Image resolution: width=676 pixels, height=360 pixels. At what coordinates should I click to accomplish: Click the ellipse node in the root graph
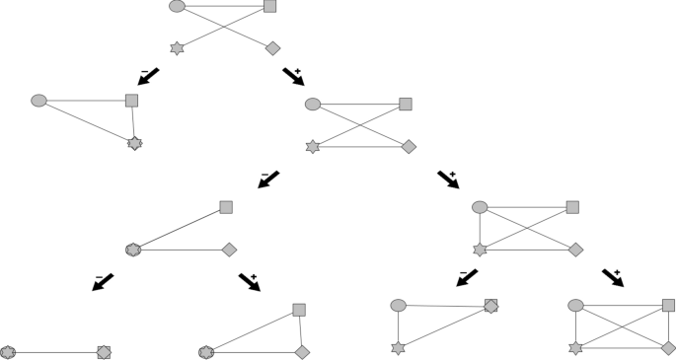click(x=177, y=6)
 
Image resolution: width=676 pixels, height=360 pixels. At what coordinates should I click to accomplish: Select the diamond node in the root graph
click(x=272, y=47)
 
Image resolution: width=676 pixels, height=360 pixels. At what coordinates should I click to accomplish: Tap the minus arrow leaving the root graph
click(x=149, y=75)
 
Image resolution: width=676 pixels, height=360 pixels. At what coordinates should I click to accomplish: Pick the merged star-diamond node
click(x=135, y=143)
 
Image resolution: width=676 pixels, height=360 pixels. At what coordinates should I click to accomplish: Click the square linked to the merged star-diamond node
click(x=131, y=100)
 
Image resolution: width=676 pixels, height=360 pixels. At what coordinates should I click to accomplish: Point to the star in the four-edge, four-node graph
click(x=313, y=147)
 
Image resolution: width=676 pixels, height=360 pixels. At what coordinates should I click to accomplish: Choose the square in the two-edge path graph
click(x=226, y=207)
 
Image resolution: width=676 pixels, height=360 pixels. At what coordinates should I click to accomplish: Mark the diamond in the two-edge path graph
click(x=229, y=250)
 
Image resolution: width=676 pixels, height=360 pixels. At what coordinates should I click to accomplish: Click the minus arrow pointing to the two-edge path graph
click(x=268, y=180)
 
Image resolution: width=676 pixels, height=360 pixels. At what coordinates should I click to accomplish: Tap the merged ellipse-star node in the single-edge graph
click(x=9, y=352)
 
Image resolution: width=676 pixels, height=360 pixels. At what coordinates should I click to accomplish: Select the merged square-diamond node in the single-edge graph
click(x=104, y=352)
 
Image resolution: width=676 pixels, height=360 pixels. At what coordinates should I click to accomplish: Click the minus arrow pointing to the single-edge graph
click(x=103, y=282)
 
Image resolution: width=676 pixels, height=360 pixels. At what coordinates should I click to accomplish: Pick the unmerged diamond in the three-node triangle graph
click(x=302, y=352)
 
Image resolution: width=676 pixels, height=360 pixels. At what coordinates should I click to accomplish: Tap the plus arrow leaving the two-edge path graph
click(x=250, y=282)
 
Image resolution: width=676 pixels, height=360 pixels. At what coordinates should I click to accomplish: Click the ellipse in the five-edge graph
click(x=480, y=207)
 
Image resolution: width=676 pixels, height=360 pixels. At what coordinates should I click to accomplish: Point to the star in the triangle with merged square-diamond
click(x=399, y=348)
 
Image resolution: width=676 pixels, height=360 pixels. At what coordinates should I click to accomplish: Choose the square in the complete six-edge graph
click(x=668, y=305)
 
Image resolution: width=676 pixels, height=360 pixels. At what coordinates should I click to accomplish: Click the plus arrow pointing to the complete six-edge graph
click(x=611, y=278)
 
